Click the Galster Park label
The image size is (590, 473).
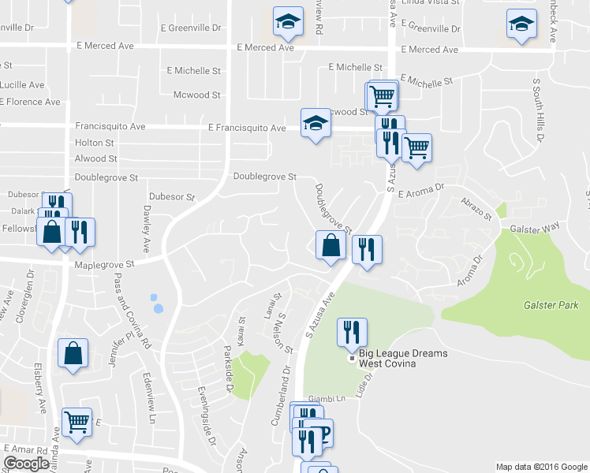click(551, 305)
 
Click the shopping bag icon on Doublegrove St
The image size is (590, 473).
click(330, 245)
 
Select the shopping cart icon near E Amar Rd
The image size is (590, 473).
click(77, 423)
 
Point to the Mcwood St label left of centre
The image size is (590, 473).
click(196, 95)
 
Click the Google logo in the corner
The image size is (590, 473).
click(26, 464)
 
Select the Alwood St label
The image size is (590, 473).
click(95, 158)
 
